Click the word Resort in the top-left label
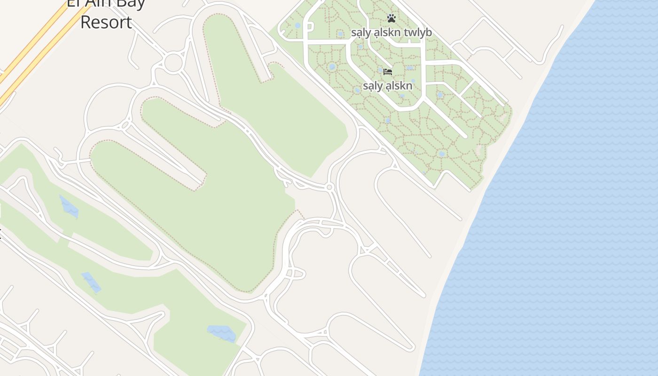[106, 22]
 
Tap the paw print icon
[392, 18]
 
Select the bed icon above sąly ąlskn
[388, 72]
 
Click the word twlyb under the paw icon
[415, 32]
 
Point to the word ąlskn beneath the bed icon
[399, 86]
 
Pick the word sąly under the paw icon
[360, 32]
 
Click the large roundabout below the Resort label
[173, 63]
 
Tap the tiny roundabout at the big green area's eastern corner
[329, 188]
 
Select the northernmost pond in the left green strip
[69, 207]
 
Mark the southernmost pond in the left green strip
[221, 333]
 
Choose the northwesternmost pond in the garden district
[298, 25]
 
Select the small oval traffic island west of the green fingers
[125, 125]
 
